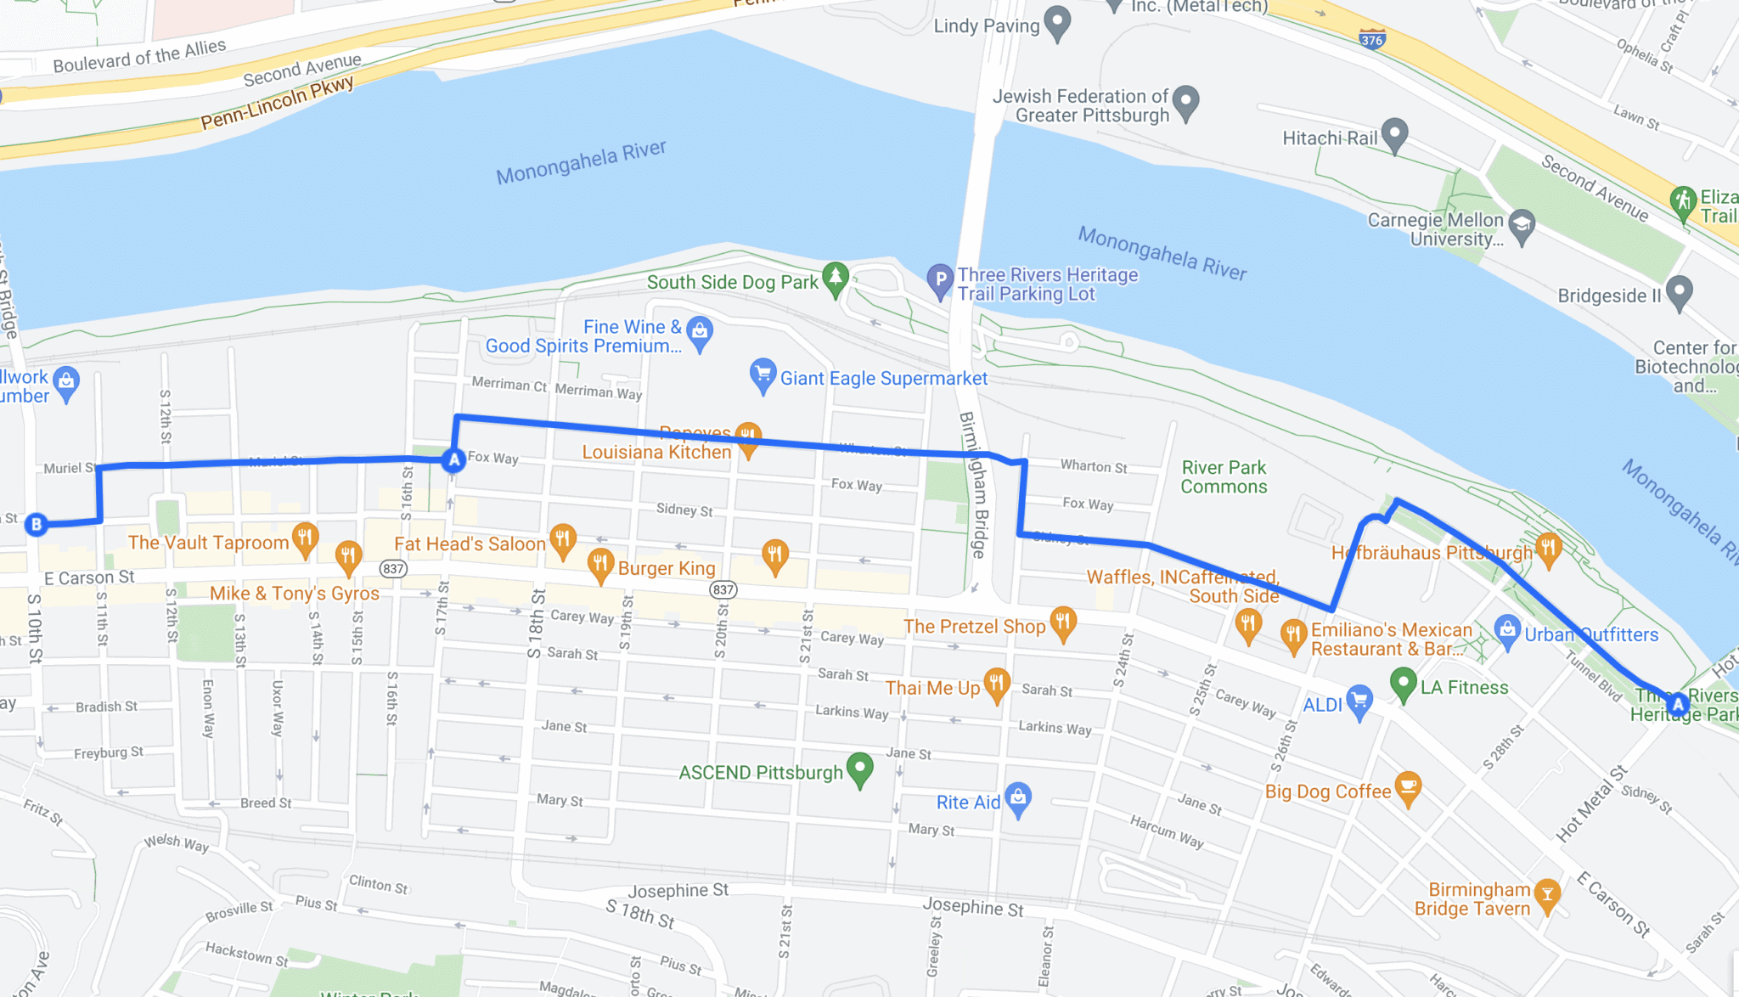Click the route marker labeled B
tap(36, 524)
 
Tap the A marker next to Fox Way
tap(453, 460)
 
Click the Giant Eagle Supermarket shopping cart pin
tap(763, 374)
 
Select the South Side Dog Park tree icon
tap(836, 278)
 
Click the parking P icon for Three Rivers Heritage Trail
tap(939, 279)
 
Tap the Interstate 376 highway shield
tap(1372, 39)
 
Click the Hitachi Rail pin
tap(1394, 133)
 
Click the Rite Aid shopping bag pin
tap(1017, 797)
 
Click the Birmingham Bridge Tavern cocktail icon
tap(1546, 894)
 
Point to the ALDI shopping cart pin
tap(1359, 701)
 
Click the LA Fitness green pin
tap(1403, 683)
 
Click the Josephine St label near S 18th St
tap(678, 890)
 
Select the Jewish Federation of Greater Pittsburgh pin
tap(1185, 102)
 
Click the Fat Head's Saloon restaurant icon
tap(562, 539)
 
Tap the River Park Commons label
tap(1224, 477)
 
